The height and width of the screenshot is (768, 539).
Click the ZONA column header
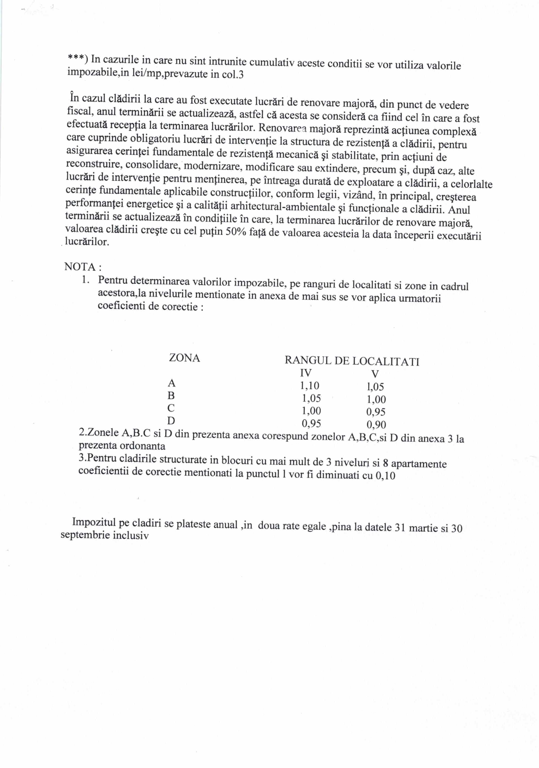click(x=184, y=358)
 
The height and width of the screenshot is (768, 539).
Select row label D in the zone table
click(x=171, y=420)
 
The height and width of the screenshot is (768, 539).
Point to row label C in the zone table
click(x=171, y=408)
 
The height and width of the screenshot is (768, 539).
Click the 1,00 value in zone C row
click(x=311, y=411)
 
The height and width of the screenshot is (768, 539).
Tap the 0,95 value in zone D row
click(x=311, y=424)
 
